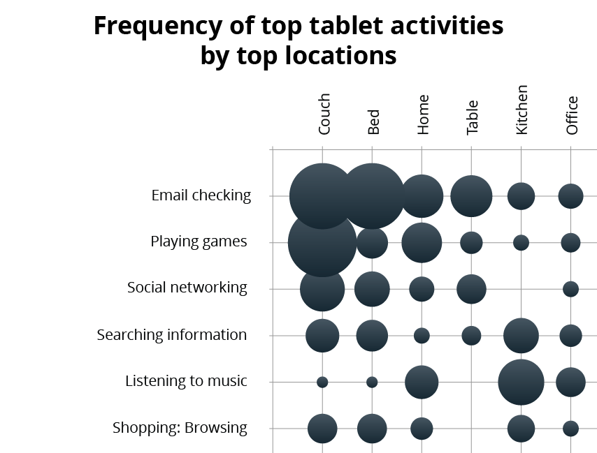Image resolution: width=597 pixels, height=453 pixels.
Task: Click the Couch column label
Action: click(x=324, y=114)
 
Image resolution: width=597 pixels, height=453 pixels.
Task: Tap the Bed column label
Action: click(x=373, y=121)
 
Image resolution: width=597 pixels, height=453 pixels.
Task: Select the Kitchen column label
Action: click(x=522, y=110)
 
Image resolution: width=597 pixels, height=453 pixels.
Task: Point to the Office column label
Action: click(x=572, y=115)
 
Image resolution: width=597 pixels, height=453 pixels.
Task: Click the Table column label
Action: click(x=473, y=117)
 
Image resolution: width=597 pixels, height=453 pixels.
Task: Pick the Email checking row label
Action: click(x=201, y=195)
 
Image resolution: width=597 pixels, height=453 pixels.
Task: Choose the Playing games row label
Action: click(x=199, y=242)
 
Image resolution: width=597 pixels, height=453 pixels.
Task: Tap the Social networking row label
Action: click(x=187, y=288)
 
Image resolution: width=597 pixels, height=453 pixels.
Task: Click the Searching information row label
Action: click(x=172, y=335)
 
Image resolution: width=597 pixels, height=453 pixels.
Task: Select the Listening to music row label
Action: click(x=186, y=381)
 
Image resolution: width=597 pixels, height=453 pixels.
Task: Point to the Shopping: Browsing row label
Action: click(x=180, y=428)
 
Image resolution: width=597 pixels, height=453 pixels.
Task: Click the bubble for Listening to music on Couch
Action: click(x=322, y=382)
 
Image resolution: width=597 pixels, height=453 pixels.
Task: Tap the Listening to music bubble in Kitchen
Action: click(x=521, y=382)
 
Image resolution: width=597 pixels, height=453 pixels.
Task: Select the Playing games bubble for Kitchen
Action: click(x=521, y=242)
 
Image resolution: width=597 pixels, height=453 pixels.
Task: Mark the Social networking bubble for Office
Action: click(x=570, y=289)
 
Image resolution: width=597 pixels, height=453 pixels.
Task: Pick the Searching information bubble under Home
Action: click(x=422, y=336)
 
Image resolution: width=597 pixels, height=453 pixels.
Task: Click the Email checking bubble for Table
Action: click(x=471, y=196)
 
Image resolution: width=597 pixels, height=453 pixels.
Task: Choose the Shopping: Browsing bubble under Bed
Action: click(x=372, y=429)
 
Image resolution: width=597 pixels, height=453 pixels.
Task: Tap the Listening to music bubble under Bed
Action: click(x=372, y=382)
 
